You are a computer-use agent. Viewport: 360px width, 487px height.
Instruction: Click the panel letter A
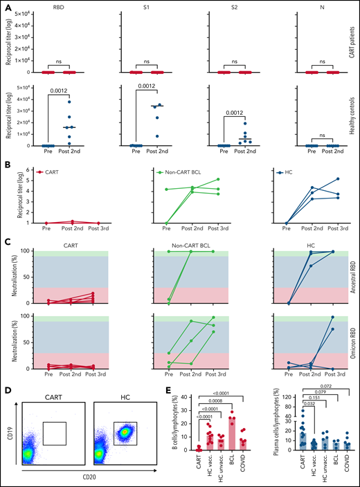coord(6,6)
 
